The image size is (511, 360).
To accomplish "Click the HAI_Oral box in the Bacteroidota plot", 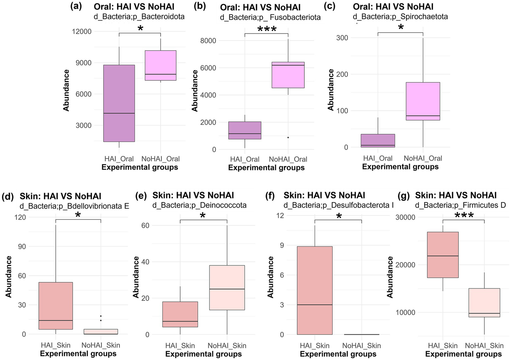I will point(119,103).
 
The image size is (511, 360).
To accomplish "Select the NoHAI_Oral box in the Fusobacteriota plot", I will point(288,75).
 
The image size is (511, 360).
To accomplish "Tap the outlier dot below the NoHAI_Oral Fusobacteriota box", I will point(288,137).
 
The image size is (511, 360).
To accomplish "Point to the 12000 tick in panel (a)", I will point(82,32).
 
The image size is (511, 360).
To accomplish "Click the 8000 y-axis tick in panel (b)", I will point(208,41).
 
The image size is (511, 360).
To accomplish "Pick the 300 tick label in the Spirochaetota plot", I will point(342,38).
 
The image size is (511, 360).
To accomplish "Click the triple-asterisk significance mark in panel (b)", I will point(267,29).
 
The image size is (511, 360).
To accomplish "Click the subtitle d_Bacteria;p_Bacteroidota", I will point(139,16).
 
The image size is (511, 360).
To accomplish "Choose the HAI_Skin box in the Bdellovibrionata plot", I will point(56,306).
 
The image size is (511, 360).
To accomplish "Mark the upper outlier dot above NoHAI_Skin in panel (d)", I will point(101,316).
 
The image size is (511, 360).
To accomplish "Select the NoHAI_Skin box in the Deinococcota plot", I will point(227,288).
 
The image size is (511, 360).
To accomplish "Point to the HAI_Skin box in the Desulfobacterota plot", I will point(315,290).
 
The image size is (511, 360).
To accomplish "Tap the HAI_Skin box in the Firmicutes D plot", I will point(443,255).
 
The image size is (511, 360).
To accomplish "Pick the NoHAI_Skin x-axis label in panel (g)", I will point(484,346).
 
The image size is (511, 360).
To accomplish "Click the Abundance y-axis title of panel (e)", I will point(136,277).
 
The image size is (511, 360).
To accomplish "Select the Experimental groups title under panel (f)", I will point(338,354).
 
